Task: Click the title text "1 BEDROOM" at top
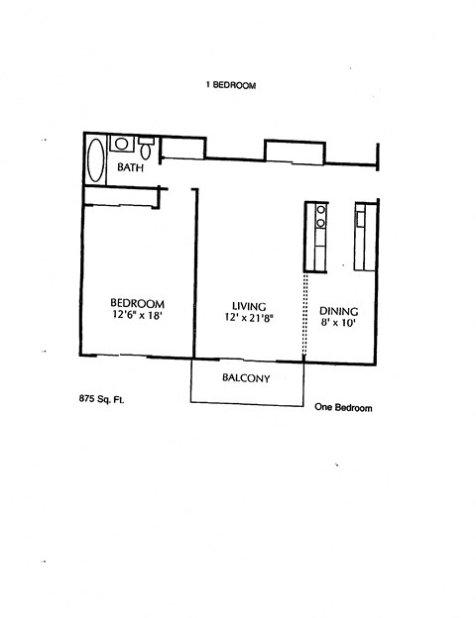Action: (231, 86)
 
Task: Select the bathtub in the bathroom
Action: (96, 159)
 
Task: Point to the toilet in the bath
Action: (145, 150)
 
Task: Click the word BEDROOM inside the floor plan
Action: (137, 303)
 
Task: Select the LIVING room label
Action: (248, 305)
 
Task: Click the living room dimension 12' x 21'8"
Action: (248, 318)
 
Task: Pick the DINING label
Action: (339, 310)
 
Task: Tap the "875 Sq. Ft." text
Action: (101, 399)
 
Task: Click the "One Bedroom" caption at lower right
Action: (343, 407)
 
